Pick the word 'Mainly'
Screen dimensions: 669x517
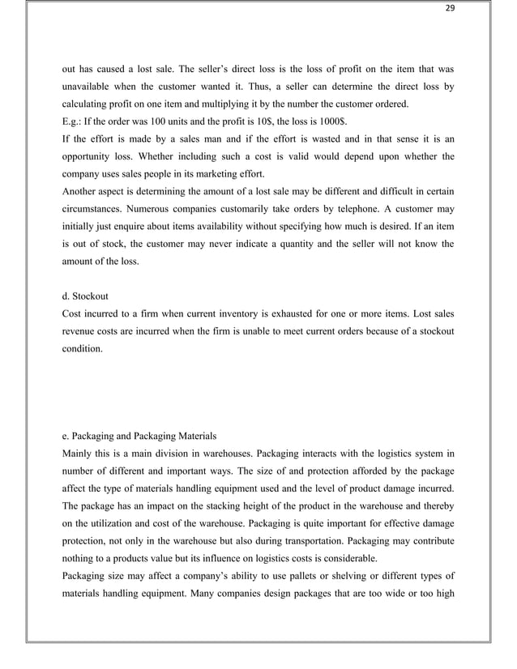click(x=79, y=452)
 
